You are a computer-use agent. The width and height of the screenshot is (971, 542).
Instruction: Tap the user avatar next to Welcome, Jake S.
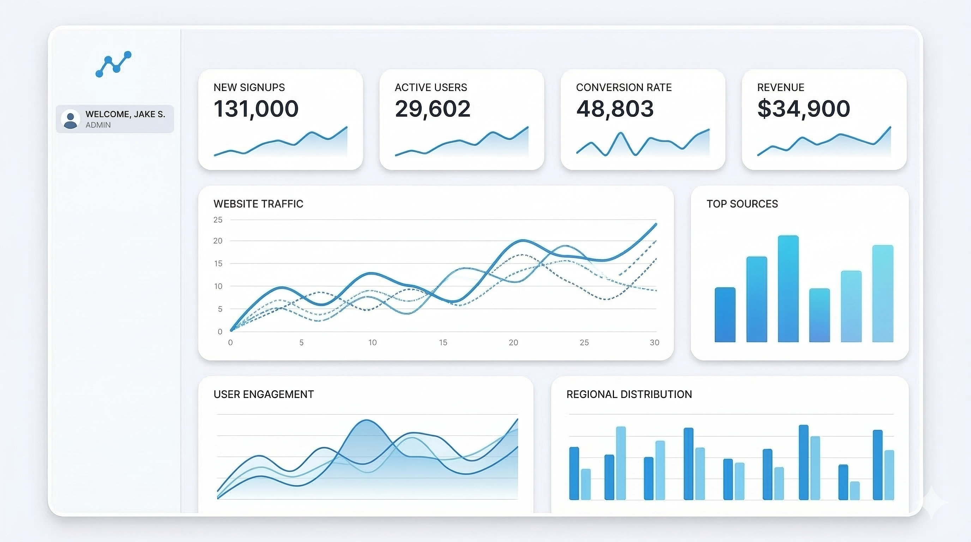click(70, 119)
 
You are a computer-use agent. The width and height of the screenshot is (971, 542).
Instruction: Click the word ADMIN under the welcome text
click(98, 125)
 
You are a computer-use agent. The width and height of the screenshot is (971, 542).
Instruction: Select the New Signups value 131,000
click(256, 109)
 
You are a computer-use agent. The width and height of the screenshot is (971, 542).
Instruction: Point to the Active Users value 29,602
click(432, 109)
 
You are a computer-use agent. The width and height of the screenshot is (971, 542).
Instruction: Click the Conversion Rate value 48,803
click(615, 109)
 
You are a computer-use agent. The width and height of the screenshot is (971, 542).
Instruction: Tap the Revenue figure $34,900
click(804, 109)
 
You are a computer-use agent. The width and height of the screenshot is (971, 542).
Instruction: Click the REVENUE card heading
click(780, 88)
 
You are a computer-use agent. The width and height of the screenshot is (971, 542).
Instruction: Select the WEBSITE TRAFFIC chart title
click(258, 204)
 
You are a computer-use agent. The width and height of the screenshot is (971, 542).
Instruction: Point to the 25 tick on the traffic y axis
click(218, 220)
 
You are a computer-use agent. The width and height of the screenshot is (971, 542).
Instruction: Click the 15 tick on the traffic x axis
click(443, 343)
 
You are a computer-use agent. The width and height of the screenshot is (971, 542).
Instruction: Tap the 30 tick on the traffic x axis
click(655, 343)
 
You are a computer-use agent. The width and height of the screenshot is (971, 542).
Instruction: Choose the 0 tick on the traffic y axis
click(220, 332)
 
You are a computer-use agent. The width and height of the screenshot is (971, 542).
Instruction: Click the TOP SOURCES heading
click(742, 204)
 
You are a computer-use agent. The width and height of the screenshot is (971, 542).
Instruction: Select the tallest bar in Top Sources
click(788, 288)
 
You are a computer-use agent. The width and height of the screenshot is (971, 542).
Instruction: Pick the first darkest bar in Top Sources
click(725, 315)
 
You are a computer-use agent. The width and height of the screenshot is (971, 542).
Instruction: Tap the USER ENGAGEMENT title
click(264, 394)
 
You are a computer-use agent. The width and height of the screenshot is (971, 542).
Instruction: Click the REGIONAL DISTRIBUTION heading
click(629, 394)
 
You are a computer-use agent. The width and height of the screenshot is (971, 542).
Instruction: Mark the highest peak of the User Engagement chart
click(366, 420)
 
